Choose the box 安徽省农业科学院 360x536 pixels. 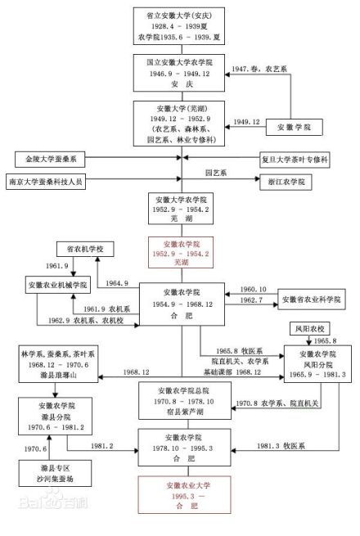click(314, 299)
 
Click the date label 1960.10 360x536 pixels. click(254, 290)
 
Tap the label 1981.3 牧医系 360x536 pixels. click(274, 445)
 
